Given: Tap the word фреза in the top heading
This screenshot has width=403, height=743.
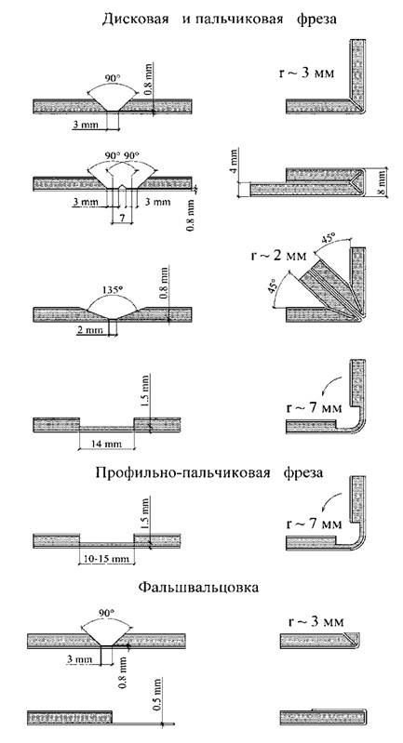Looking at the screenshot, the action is click(316, 20).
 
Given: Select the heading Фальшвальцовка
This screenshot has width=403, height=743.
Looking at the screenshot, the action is click(199, 588).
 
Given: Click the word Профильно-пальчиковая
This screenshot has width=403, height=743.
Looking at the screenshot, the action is click(183, 472).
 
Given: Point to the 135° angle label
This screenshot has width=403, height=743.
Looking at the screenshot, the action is click(112, 288).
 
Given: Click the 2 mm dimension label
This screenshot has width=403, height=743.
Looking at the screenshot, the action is click(87, 330).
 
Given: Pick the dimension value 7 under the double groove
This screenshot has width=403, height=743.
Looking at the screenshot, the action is click(123, 219).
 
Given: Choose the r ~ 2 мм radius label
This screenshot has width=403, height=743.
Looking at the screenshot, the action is click(278, 256).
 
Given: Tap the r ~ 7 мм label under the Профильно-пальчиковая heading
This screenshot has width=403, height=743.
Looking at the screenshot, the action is click(315, 524).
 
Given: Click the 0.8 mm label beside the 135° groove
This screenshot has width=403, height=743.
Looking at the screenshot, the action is click(164, 284).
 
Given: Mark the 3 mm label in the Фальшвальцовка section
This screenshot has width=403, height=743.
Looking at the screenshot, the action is click(79, 658).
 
